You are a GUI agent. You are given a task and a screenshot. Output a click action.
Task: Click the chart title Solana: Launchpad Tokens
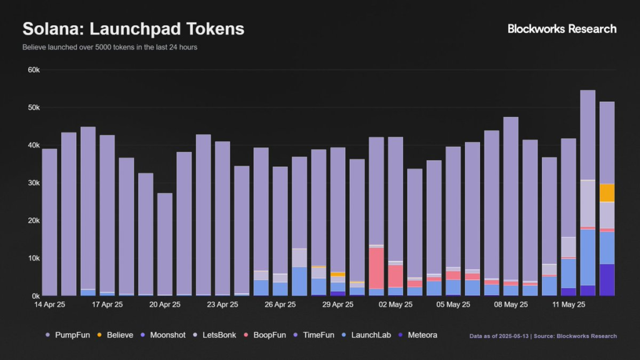(134, 29)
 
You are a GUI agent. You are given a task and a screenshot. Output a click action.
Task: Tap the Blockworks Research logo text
(562, 29)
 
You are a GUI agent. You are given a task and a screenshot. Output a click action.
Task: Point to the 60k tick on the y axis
(34, 70)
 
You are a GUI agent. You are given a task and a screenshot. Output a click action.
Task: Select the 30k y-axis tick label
(34, 183)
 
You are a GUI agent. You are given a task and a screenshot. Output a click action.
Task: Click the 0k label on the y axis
(36, 296)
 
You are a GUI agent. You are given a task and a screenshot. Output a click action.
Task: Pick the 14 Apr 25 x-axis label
(49, 304)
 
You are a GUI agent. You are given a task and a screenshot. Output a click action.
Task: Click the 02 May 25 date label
(396, 304)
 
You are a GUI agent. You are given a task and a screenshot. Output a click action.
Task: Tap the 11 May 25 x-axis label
(569, 304)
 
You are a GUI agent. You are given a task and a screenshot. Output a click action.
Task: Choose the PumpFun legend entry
(67, 335)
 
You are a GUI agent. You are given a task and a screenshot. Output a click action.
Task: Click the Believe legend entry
(115, 335)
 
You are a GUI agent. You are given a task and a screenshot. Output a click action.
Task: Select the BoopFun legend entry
(265, 335)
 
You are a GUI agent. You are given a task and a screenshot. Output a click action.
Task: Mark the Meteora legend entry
(418, 335)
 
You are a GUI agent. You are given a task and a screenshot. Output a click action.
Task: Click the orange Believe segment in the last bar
(607, 192)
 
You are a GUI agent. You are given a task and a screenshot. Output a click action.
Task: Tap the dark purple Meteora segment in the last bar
(607, 279)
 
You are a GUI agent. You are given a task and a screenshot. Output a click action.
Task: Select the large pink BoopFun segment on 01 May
(376, 268)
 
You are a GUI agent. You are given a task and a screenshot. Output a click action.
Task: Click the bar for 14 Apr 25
(49, 222)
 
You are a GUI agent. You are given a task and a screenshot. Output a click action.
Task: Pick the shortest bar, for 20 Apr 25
(165, 244)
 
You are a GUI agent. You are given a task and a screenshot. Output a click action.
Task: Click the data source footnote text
(543, 336)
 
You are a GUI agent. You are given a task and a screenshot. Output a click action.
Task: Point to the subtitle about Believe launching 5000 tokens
(110, 47)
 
